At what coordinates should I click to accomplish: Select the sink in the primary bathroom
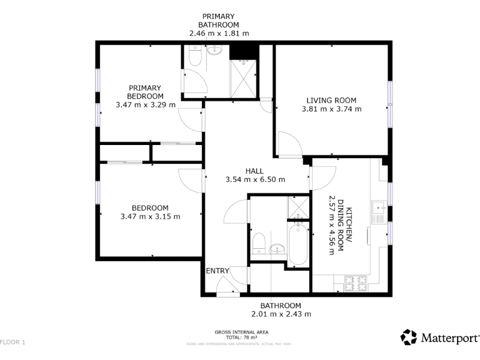214,51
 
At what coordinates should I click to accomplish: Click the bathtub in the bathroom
297,244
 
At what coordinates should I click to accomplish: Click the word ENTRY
217,271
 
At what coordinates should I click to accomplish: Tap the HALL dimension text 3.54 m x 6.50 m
255,179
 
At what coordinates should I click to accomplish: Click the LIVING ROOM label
331,100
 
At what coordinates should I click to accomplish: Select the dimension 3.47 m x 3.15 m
150,217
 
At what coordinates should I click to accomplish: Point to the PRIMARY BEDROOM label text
145,92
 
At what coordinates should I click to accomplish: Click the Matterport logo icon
409,337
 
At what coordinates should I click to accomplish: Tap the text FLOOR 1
13,342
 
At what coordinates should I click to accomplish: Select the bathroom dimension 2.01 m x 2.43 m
281,314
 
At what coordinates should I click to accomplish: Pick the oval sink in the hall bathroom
277,250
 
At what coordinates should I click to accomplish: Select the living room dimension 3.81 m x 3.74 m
331,109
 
